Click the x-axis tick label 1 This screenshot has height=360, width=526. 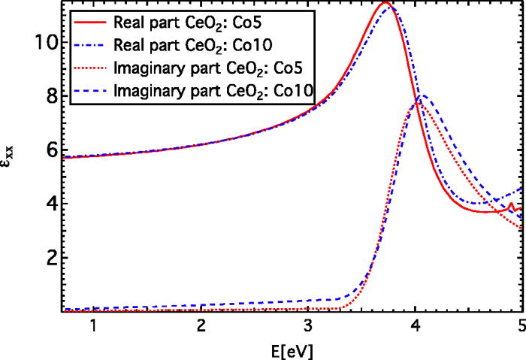pyautogui.click(x=93, y=327)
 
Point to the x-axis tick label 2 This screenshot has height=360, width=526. pyautogui.click(x=201, y=327)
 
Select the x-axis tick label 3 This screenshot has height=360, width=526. pyautogui.click(x=308, y=327)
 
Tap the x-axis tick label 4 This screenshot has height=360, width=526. pyautogui.click(x=416, y=327)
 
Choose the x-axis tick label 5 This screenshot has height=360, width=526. pyautogui.click(x=520, y=327)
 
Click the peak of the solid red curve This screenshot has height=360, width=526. pyautogui.click(x=385, y=3)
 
